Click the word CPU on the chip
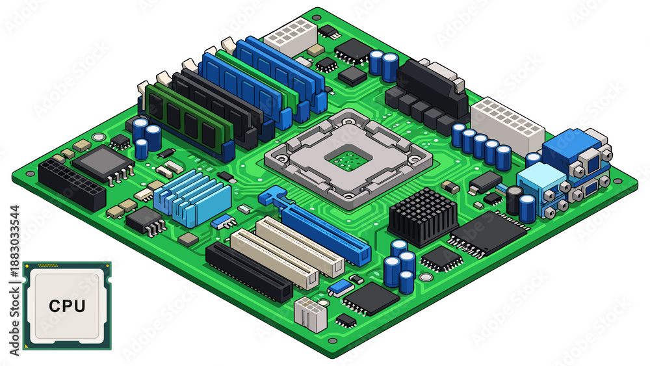(67, 306)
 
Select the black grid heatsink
(423, 216)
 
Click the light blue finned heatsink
(192, 198)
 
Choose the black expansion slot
(249, 272)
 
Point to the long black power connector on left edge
(71, 183)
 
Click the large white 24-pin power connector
(507, 125)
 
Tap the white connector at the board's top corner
(291, 36)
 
